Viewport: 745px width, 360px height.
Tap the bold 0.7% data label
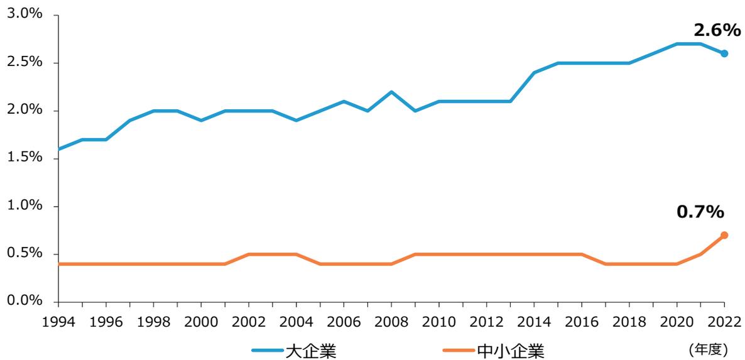pyautogui.click(x=700, y=212)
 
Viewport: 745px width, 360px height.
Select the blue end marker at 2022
pyautogui.click(x=724, y=53)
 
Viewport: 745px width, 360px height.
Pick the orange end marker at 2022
pyautogui.click(x=724, y=235)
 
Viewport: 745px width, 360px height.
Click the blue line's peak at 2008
pyautogui.click(x=391, y=92)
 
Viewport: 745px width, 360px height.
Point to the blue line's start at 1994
pyautogui.click(x=58, y=149)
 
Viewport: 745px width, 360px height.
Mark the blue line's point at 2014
pyautogui.click(x=534, y=73)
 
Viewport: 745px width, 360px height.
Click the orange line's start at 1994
pyautogui.click(x=58, y=264)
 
